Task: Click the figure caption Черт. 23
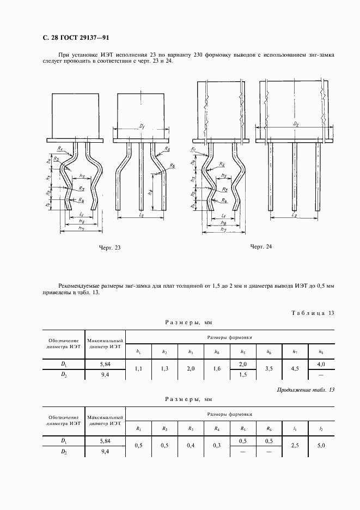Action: point(109,248)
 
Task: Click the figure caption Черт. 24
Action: point(260,247)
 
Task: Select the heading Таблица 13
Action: point(312,313)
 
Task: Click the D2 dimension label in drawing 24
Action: point(295,124)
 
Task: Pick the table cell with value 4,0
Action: point(321,363)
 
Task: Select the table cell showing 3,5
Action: point(269,369)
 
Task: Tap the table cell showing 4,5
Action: point(295,369)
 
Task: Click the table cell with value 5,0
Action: point(321,446)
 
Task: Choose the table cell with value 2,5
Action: point(295,446)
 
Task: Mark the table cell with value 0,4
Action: point(190,446)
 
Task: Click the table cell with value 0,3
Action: point(216,446)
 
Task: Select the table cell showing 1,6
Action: point(216,369)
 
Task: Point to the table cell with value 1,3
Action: point(164,369)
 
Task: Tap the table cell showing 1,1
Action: point(138,369)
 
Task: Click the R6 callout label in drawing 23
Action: point(172,165)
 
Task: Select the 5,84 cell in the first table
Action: point(105,363)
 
